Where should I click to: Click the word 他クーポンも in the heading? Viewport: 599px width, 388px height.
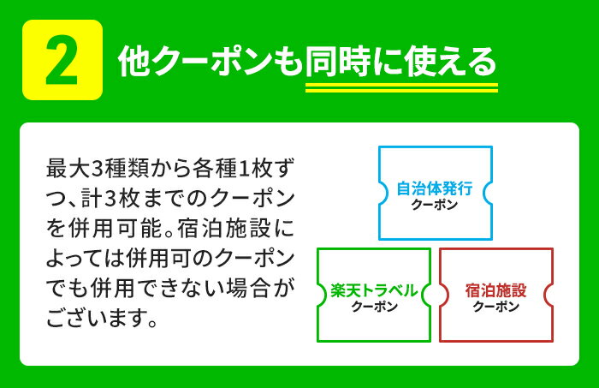click(x=211, y=62)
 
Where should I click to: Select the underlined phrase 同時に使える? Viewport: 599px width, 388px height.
click(x=401, y=62)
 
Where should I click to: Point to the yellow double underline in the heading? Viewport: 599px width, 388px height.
click(x=401, y=87)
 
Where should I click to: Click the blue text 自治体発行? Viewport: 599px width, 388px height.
click(x=435, y=188)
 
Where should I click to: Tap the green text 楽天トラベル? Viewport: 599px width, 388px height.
click(x=374, y=290)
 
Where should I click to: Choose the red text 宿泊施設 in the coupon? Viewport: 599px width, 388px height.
click(x=496, y=290)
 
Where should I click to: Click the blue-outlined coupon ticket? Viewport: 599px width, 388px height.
click(x=435, y=194)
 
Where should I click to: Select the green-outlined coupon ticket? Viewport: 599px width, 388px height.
click(x=374, y=295)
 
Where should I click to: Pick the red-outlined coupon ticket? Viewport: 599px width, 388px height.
click(x=496, y=295)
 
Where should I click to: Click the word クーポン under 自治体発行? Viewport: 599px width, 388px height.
click(x=435, y=206)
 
